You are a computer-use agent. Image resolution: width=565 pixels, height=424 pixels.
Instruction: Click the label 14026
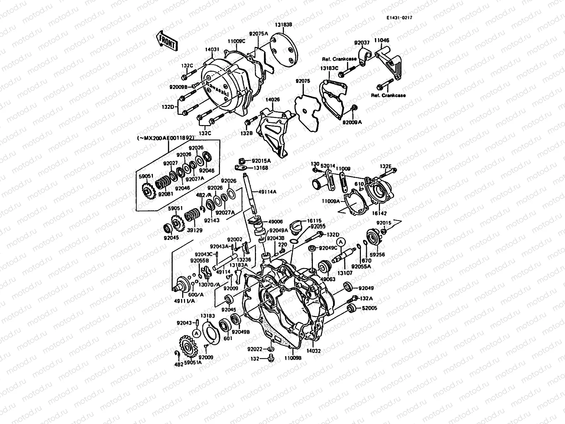coord(273,100)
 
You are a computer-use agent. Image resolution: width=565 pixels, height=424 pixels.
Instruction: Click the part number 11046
coord(382,41)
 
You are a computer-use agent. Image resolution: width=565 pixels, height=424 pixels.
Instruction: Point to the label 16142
coord(379,214)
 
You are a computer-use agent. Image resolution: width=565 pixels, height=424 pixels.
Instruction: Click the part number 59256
coord(377,255)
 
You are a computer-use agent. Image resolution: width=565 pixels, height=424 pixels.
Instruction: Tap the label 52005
coord(369,308)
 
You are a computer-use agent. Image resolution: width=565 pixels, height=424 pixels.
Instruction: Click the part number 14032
coord(313,351)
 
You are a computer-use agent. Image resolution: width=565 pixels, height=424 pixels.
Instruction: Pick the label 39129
coord(195,230)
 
